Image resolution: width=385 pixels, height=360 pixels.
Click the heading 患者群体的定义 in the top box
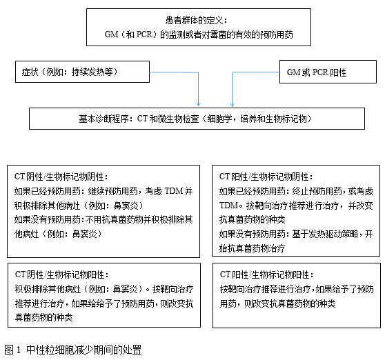[194, 21]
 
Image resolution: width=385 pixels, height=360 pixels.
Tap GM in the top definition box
[112, 34]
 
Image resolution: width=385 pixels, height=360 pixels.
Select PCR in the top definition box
[144, 34]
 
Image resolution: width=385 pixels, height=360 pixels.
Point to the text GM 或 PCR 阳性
[317, 72]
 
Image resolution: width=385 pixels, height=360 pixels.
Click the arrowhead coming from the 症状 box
[199, 104]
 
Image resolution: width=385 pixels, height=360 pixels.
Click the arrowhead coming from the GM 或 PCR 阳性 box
[232, 104]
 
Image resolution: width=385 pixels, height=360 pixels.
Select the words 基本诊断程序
[103, 119]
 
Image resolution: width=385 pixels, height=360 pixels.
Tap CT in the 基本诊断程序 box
[142, 119]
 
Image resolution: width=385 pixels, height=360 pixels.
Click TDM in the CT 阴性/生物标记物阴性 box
[174, 191]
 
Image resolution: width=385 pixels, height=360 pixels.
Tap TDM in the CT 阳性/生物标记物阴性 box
[228, 205]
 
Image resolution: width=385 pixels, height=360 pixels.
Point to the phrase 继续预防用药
[113, 191]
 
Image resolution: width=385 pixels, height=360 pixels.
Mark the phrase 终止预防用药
[317, 191]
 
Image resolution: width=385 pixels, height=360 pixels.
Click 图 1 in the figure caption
[12, 350]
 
